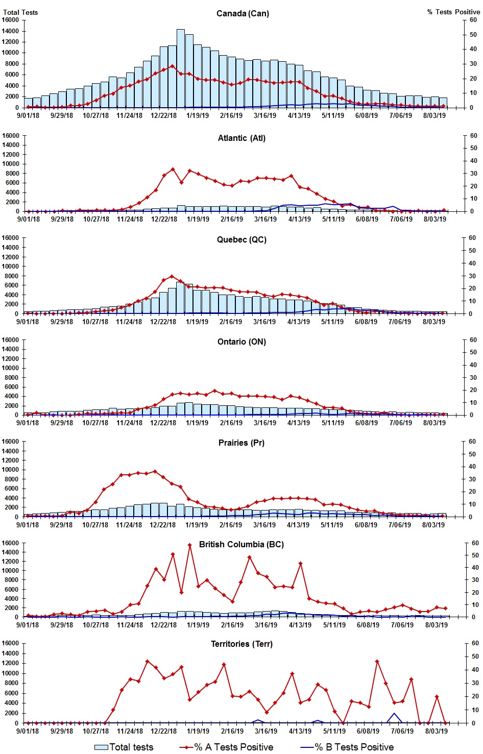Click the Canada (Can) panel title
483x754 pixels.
[x=243, y=13]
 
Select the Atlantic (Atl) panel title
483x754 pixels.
[x=241, y=138]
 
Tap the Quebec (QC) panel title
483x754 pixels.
[x=241, y=239]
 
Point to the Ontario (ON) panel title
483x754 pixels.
[x=241, y=342]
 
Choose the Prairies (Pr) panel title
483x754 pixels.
[x=241, y=443]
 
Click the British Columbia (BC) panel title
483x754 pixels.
[x=241, y=544]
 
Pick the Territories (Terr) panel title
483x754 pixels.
[x=241, y=644]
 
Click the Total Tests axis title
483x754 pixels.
[x=20, y=12]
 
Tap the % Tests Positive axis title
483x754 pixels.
[x=453, y=12]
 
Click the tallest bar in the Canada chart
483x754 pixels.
[x=181, y=68]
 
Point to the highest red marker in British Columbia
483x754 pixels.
[x=189, y=545]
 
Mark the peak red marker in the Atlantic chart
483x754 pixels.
[x=173, y=169]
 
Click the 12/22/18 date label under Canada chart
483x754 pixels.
[x=163, y=115]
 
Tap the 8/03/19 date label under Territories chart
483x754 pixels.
[x=437, y=731]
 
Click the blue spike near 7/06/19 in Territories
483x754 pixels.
[x=394, y=714]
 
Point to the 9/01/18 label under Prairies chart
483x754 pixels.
[x=28, y=525]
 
